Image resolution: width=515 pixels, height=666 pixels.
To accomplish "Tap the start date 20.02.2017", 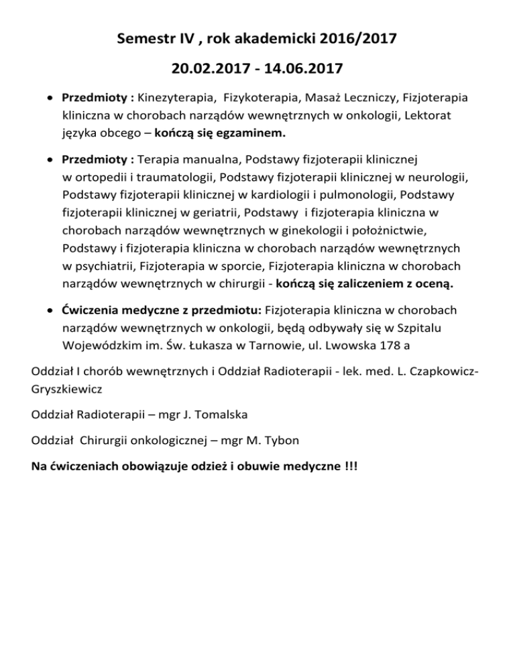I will point(203,69).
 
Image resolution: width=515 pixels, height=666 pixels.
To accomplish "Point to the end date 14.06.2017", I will point(312,69).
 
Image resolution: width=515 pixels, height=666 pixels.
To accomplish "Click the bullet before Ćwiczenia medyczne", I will point(52,311).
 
